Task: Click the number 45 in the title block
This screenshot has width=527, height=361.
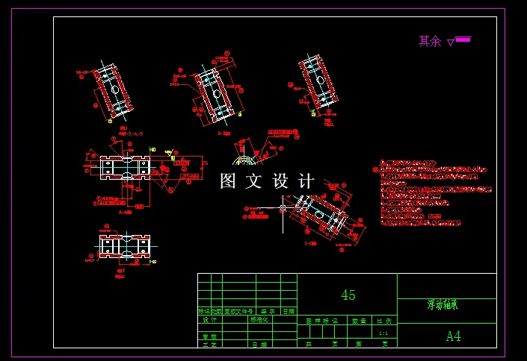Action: pyautogui.click(x=348, y=295)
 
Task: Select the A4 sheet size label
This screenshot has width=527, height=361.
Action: pyautogui.click(x=454, y=336)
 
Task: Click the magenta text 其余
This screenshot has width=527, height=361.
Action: pyautogui.click(x=430, y=42)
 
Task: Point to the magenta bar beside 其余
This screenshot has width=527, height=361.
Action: pyautogui.click(x=463, y=40)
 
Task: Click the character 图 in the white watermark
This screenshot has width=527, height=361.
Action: pyautogui.click(x=229, y=181)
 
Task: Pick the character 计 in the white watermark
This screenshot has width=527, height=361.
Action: pyautogui.click(x=306, y=181)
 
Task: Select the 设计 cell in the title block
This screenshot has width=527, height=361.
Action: pyautogui.click(x=209, y=319)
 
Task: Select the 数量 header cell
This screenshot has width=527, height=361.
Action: pyautogui.click(x=359, y=321)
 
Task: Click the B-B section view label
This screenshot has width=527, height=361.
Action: pyautogui.click(x=224, y=134)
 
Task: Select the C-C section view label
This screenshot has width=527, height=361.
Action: pyautogui.click(x=309, y=243)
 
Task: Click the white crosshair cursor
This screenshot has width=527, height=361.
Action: pyautogui.click(x=282, y=207)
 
